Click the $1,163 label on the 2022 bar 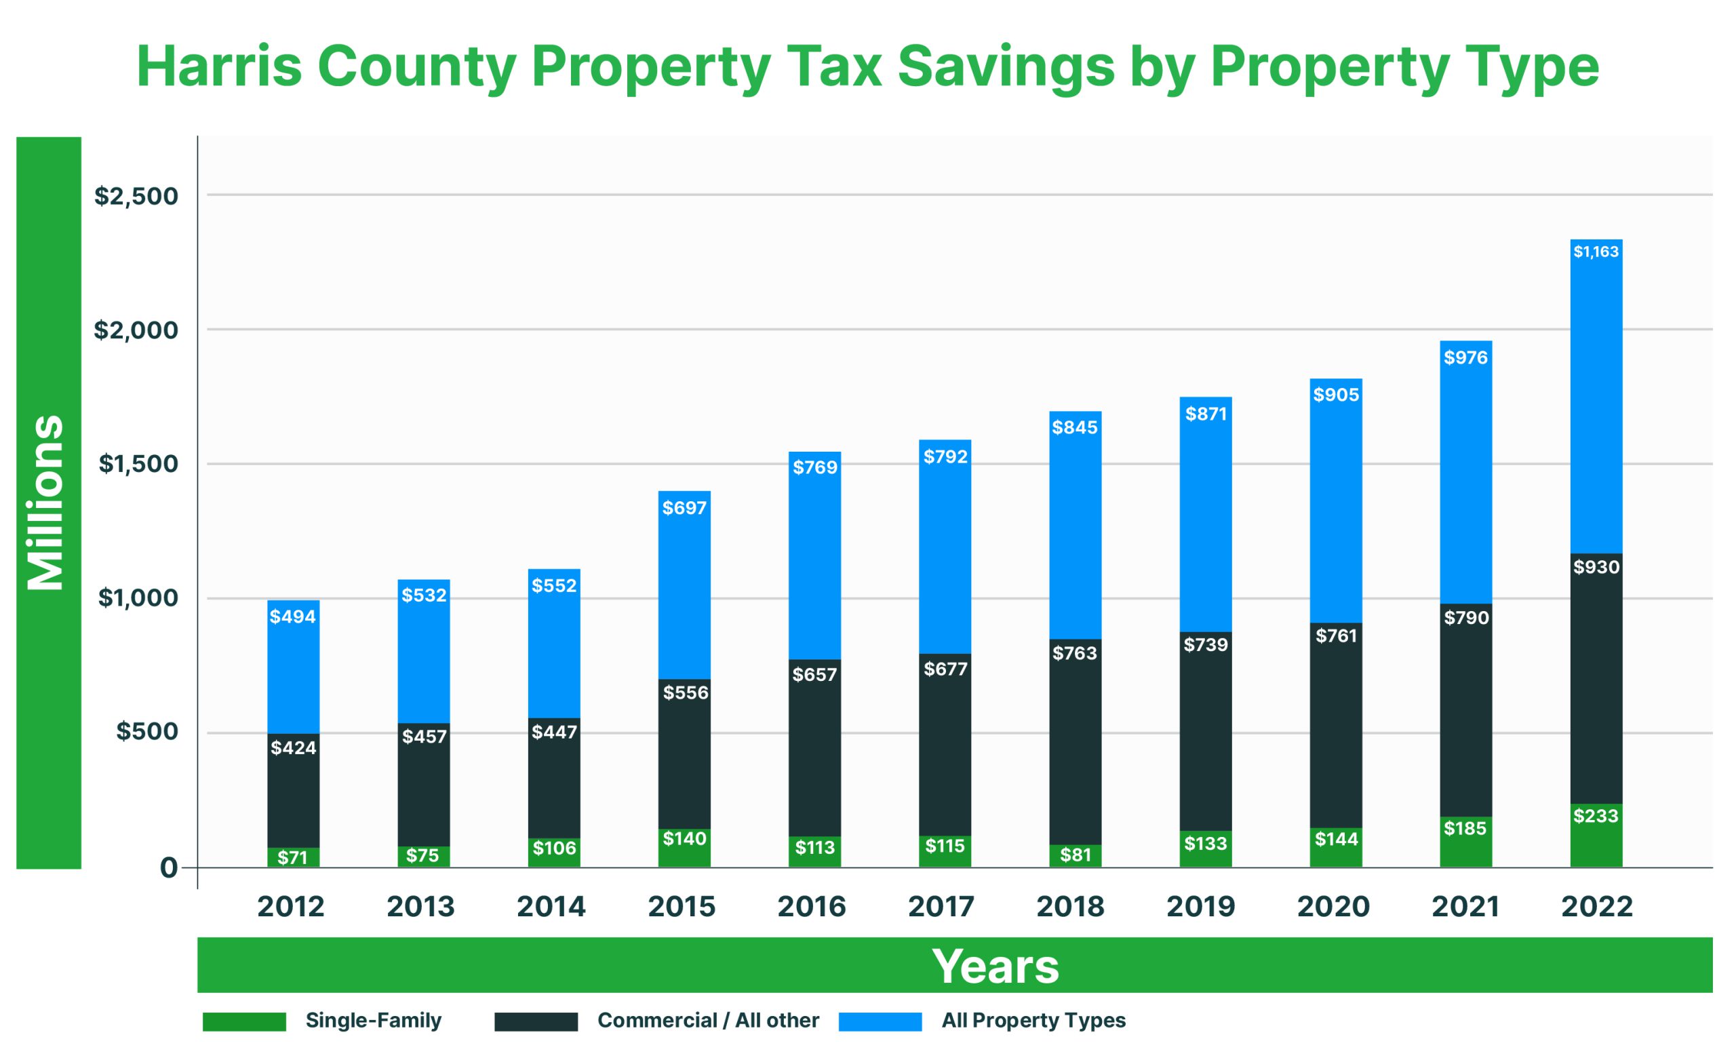tap(1596, 252)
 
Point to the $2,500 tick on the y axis tap(137, 196)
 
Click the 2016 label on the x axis tap(812, 907)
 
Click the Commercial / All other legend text tap(708, 1021)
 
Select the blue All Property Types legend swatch tap(880, 1021)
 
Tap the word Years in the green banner tap(995, 966)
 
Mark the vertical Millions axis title tap(47, 503)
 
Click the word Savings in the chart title tap(1006, 67)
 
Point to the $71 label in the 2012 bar tap(292, 857)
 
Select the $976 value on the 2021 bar tap(1465, 358)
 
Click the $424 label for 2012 tap(293, 747)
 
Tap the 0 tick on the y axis tap(168, 868)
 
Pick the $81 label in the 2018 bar tap(1075, 855)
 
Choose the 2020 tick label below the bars tap(1333, 907)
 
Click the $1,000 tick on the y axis tap(138, 598)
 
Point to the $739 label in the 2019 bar tap(1206, 644)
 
